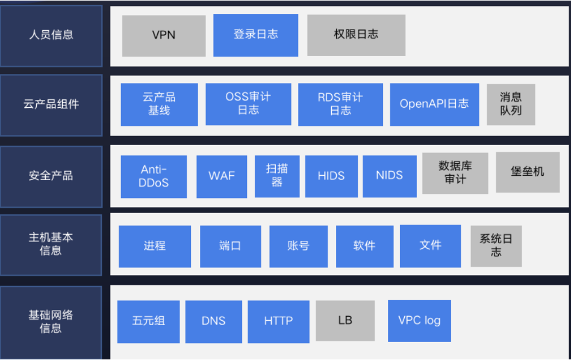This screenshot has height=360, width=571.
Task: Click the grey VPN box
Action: pos(164,36)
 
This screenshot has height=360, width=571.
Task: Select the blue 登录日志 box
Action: pos(255,35)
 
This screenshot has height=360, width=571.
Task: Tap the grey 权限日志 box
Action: pos(356,35)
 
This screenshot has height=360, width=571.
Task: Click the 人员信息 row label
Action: pos(51,36)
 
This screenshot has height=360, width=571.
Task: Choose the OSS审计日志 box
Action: pos(248,104)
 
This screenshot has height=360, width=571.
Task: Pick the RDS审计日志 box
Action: pos(340,104)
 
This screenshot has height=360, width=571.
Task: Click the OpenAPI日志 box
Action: pos(434,104)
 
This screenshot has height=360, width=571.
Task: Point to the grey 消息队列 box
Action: pos(511,104)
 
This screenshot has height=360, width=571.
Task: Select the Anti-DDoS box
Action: pos(154,176)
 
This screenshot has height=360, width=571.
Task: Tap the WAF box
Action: pos(222,176)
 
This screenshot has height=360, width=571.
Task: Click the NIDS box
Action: pos(389,176)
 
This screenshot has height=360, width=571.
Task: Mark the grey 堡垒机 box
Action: pos(527,172)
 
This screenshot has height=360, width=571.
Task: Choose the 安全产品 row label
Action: pos(51,176)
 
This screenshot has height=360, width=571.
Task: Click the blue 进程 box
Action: pos(155,246)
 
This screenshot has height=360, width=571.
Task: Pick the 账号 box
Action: pos(298,246)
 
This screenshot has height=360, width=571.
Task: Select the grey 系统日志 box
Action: pos(496,246)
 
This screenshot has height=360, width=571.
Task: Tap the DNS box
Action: pos(213,321)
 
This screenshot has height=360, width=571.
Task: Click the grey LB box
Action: pos(345,321)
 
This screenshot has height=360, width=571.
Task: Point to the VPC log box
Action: pos(419,320)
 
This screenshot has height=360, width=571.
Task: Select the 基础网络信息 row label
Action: pos(51,321)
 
